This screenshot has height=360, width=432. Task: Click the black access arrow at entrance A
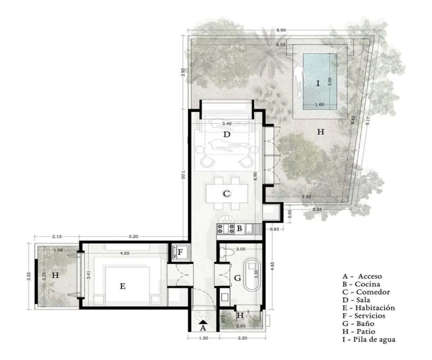pos(202,322)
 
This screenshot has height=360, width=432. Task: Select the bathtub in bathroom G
pos(252,275)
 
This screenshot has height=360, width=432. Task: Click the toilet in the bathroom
pos(226,253)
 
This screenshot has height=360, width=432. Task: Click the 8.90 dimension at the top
pos(281,31)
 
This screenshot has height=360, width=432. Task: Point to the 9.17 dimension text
pos(367,118)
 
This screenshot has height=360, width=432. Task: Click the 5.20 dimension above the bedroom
pos(133,237)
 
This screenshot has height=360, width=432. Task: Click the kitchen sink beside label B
pos(256,228)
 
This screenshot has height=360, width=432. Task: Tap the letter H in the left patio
pos(55,275)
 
